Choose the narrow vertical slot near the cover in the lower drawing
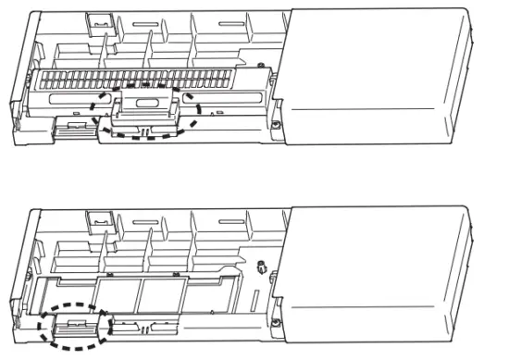click(x=257, y=302)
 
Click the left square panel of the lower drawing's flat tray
click(x=117, y=294)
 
